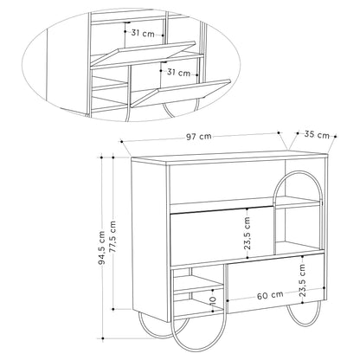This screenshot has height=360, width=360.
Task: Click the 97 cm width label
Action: pos(198,137)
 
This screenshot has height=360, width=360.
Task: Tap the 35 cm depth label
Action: pos(317,135)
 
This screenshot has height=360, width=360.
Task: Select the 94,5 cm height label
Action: pos(101,247)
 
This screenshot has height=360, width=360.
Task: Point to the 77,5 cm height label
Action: pos(112,237)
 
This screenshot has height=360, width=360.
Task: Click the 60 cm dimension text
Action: pos(270,296)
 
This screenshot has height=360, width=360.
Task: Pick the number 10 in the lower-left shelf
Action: pos(213,299)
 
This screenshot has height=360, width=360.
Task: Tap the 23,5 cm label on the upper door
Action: pos(247,233)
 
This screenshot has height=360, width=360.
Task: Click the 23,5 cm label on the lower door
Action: pos(302,280)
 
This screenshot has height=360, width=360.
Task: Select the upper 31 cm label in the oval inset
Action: pos(143,33)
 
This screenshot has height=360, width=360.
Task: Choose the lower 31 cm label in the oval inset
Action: pos(179,72)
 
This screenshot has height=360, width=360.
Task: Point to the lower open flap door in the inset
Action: pos(181,93)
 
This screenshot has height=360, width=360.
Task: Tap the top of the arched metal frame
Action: pos(297,172)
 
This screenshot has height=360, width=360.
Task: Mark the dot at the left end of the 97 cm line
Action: pos(122,141)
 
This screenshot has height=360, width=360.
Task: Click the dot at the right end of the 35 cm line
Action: pos(336,137)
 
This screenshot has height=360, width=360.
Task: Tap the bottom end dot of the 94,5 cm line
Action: pos(102,338)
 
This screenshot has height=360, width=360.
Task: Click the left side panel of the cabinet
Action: pos(149,238)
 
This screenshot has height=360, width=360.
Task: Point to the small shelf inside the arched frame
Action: pos(297,202)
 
